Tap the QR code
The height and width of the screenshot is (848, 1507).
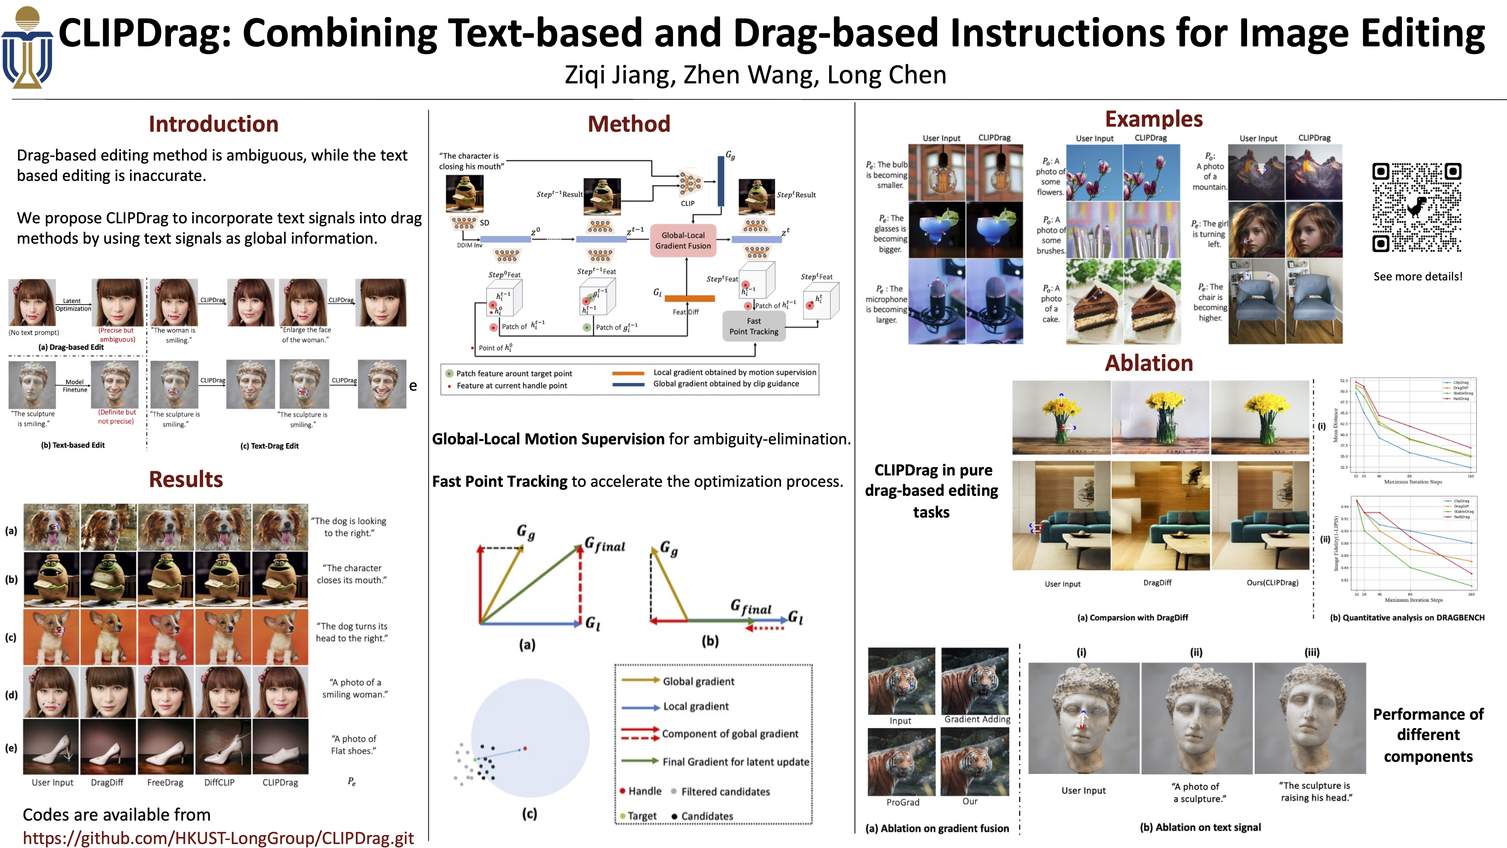(1416, 208)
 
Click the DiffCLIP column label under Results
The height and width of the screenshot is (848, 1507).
(219, 782)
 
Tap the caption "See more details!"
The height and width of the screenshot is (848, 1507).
(1418, 276)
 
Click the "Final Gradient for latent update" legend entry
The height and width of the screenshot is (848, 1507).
(735, 761)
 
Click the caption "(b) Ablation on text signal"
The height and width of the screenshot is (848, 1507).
(1200, 827)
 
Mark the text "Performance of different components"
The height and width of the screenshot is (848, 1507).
(1428, 735)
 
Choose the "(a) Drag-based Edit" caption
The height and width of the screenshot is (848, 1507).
(71, 347)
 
